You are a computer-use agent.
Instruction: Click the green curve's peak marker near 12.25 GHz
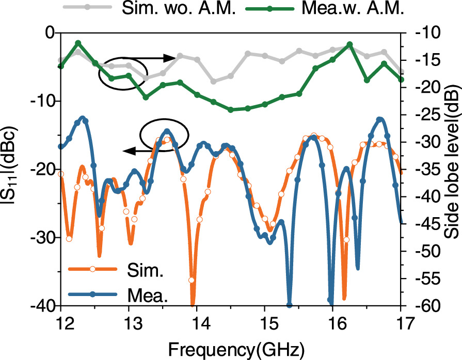click(78, 43)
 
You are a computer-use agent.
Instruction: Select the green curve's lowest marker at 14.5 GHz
click(231, 110)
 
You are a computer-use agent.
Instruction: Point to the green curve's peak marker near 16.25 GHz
click(349, 44)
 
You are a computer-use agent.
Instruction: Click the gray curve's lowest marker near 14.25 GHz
click(214, 81)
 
